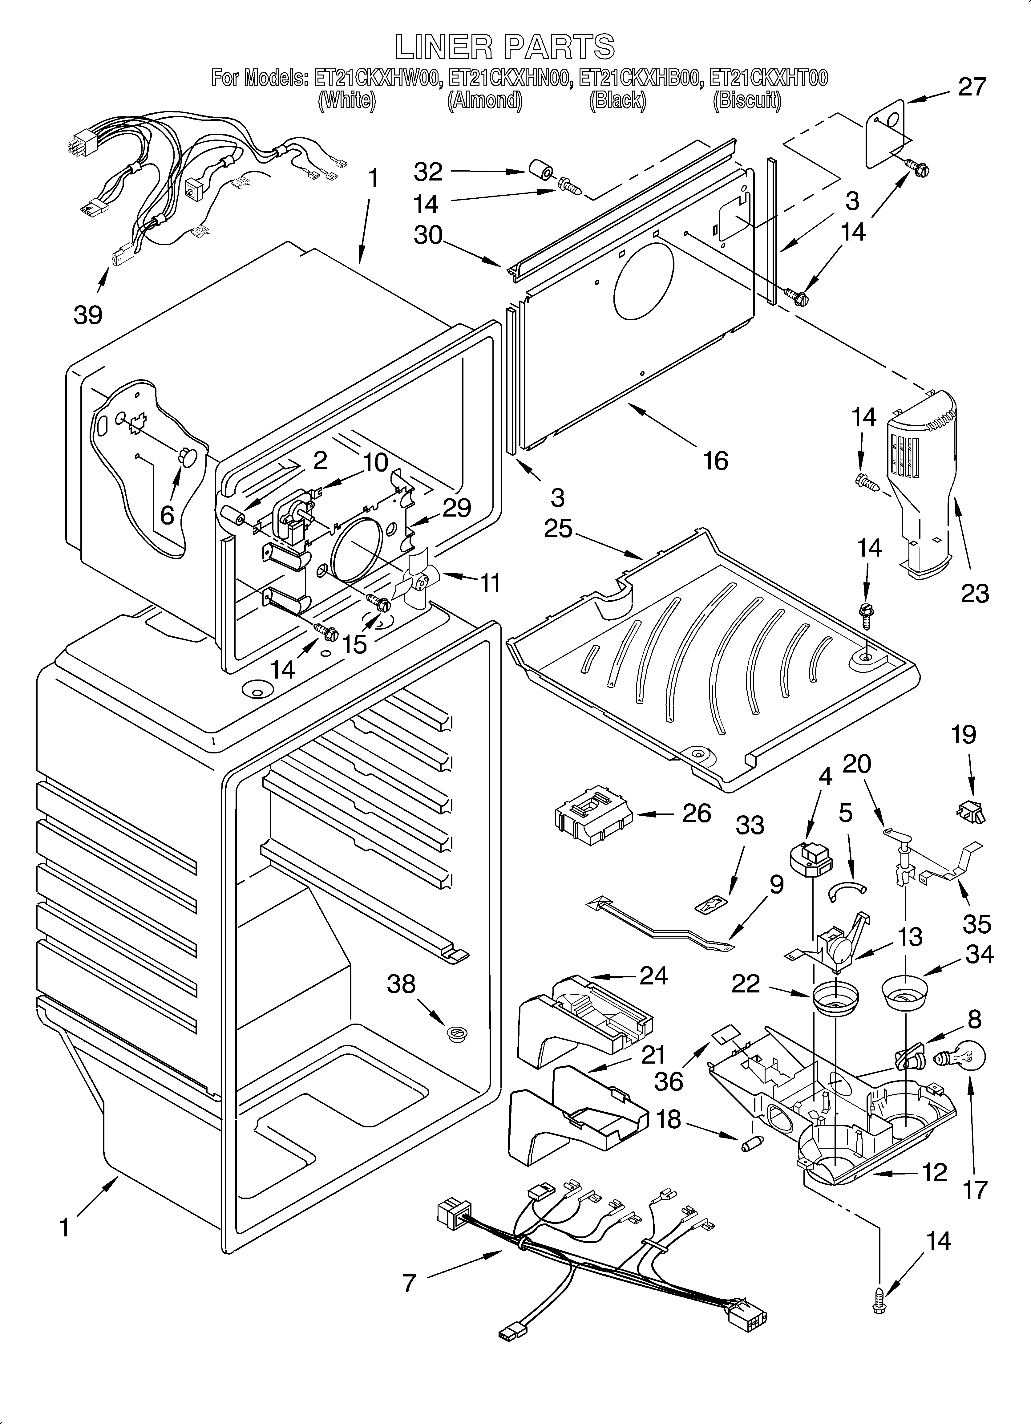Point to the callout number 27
click(971, 87)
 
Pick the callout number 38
click(401, 984)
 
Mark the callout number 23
click(974, 593)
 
